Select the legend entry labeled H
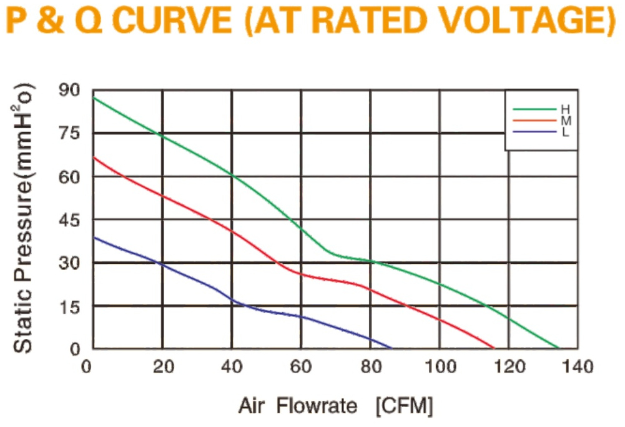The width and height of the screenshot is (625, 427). pyautogui.click(x=542, y=109)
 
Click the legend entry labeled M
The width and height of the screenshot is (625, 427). pyautogui.click(x=542, y=120)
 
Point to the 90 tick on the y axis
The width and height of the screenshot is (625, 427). pyautogui.click(x=69, y=90)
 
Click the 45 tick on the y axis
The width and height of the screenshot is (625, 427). pyautogui.click(x=69, y=220)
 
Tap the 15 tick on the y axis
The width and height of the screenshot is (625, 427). pyautogui.click(x=69, y=307)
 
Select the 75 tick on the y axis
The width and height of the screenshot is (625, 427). pyautogui.click(x=69, y=133)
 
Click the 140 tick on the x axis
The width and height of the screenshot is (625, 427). pyautogui.click(x=578, y=366)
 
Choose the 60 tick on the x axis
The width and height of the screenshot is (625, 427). pyautogui.click(x=301, y=366)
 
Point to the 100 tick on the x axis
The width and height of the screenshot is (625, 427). pyautogui.click(x=440, y=366)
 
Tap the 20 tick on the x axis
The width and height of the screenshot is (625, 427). pyautogui.click(x=163, y=366)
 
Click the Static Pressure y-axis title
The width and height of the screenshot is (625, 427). pyautogui.click(x=22, y=218)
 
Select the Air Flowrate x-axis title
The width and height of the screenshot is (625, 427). pyautogui.click(x=298, y=406)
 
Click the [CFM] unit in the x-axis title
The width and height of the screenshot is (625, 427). pyautogui.click(x=404, y=406)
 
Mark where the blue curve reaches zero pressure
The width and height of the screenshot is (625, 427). pyautogui.click(x=391, y=348)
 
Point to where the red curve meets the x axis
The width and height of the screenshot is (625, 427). pyautogui.click(x=495, y=348)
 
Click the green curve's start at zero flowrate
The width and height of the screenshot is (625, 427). pyautogui.click(x=93, y=98)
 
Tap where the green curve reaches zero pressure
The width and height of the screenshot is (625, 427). pyautogui.click(x=559, y=348)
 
